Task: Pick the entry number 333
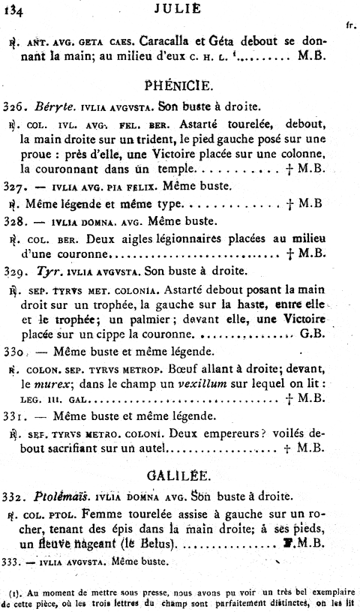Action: (13, 561)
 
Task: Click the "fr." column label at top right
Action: (350, 25)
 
